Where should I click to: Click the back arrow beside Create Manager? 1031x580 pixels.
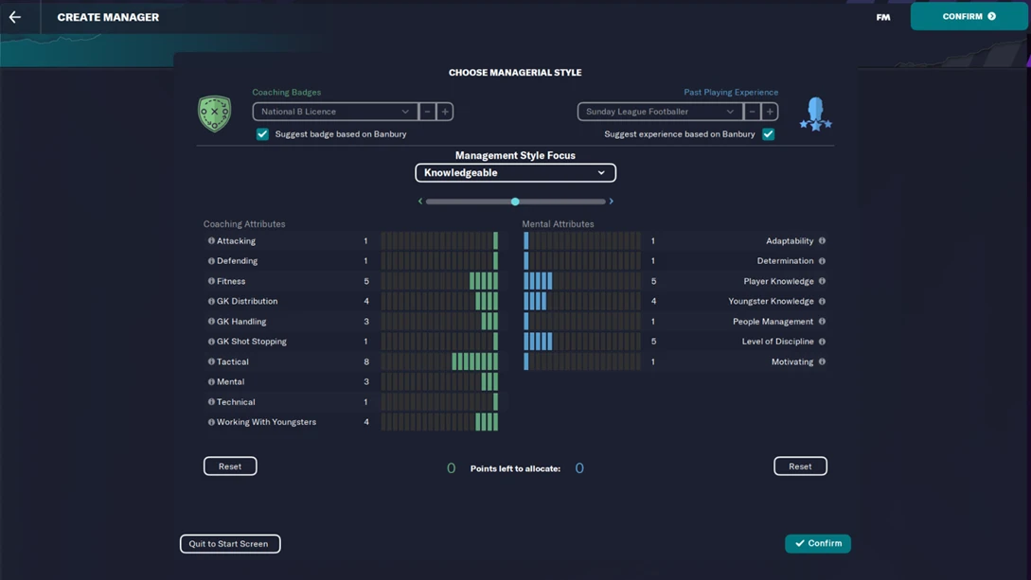(15, 17)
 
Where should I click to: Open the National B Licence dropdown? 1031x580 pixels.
(334, 112)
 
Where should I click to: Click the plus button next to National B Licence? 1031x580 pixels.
(445, 112)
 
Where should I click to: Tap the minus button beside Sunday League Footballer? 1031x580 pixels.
(752, 112)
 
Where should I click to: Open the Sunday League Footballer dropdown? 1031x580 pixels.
(659, 112)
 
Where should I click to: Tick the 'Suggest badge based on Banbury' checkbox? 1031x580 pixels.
(262, 134)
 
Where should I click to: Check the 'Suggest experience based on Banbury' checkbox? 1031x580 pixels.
(768, 134)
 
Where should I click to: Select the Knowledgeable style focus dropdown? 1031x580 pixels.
(515, 173)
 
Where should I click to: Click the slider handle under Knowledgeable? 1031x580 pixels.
(515, 202)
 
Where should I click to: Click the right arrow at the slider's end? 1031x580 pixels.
(612, 202)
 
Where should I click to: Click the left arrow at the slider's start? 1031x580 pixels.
(420, 202)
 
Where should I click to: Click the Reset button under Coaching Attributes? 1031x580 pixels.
(230, 466)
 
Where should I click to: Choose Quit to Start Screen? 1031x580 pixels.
(230, 544)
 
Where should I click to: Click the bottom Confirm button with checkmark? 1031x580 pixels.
(818, 543)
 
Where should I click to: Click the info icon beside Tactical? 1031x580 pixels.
(211, 361)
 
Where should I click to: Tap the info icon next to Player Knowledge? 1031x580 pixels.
(822, 281)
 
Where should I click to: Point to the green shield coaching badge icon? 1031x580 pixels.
(215, 114)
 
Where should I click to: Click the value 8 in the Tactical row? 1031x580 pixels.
(366, 361)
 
